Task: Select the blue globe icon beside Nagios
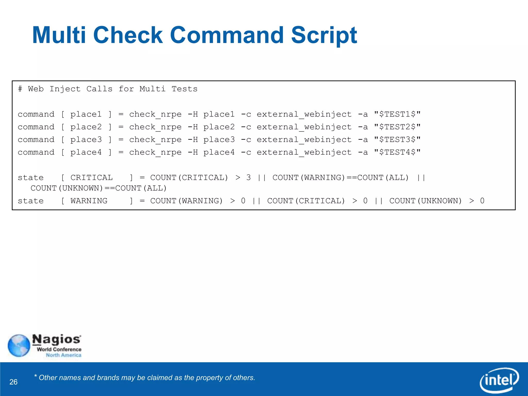(x=19, y=345)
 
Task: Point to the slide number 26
(x=13, y=382)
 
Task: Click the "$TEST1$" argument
(x=397, y=114)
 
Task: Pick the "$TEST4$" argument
(x=397, y=152)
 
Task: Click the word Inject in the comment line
(x=65, y=89)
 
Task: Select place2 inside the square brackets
(x=86, y=127)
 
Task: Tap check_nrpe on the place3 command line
(x=155, y=140)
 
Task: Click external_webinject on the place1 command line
(x=304, y=114)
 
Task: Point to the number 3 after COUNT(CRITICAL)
(x=248, y=178)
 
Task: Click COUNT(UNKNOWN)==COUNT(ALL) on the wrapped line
(x=98, y=188)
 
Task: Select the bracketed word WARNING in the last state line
(x=89, y=201)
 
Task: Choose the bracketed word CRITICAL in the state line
(x=92, y=178)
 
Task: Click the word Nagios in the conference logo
(x=56, y=340)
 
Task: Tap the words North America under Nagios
(x=63, y=355)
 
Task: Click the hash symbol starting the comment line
(x=20, y=89)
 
